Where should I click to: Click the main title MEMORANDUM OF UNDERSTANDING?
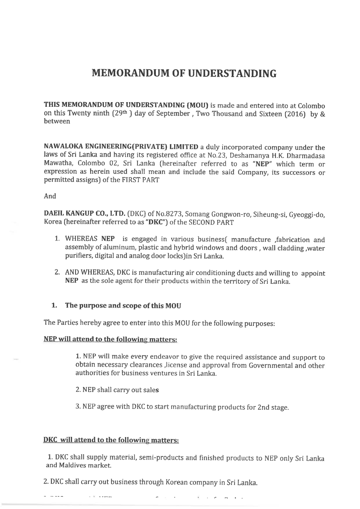(184, 74)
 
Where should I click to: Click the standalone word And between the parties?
(50, 196)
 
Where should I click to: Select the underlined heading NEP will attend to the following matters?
(110, 340)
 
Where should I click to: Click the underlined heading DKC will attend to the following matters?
(111, 440)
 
